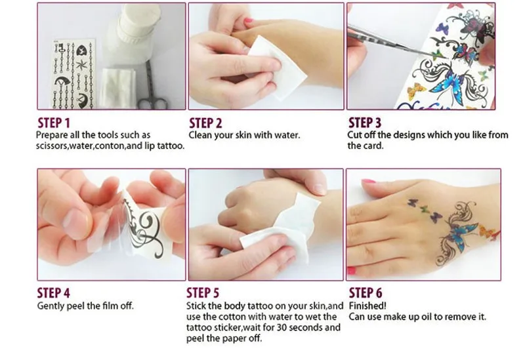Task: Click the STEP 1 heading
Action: coord(54,123)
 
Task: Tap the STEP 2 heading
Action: coord(205,123)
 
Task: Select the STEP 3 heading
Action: coord(365,123)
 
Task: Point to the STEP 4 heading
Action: coord(54,292)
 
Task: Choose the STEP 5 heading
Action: coord(203,292)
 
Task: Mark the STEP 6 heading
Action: coord(366,292)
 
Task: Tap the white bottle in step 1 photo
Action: coord(134,33)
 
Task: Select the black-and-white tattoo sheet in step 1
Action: coord(73,73)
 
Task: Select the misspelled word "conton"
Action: coord(110,146)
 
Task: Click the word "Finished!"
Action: coord(367,306)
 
